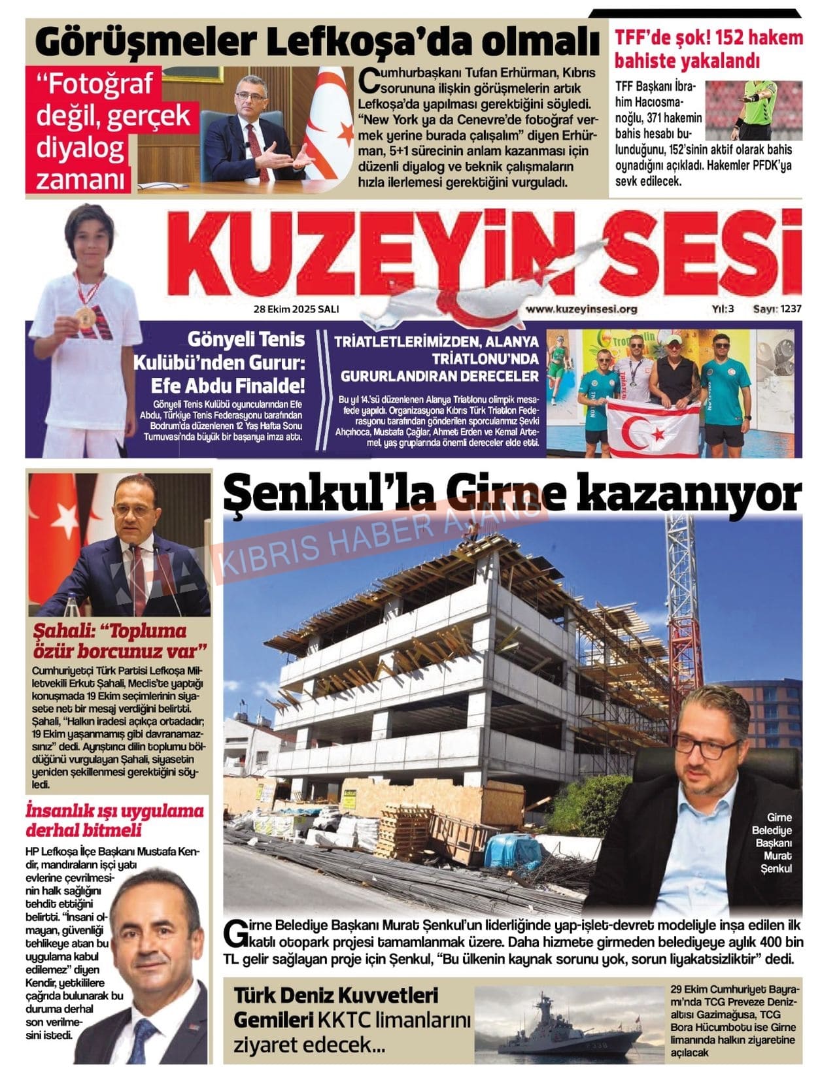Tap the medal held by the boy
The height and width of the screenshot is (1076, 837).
(x=84, y=317)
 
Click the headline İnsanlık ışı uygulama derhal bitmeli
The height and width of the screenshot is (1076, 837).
(x=114, y=820)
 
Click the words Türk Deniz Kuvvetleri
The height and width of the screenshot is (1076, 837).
(x=336, y=997)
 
